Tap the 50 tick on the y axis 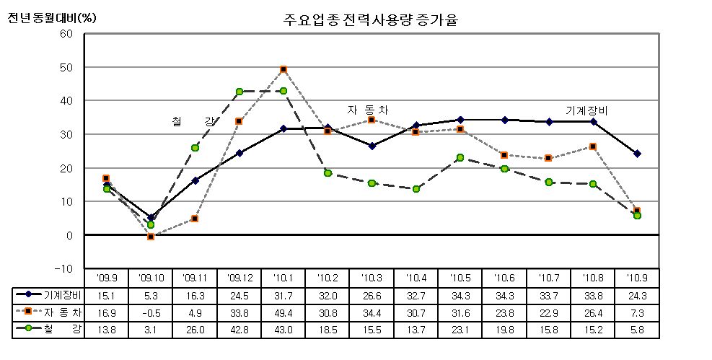(x=67, y=67)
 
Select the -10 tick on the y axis (x=65, y=268)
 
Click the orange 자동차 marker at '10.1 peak (x=284, y=69)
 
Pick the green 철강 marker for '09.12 (x=239, y=92)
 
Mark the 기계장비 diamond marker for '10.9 (x=637, y=154)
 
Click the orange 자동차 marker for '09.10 (x=151, y=237)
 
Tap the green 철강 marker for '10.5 (x=460, y=157)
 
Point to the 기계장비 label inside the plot (x=586, y=110)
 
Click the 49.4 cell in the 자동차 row (x=284, y=312)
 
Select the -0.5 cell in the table (x=151, y=312)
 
